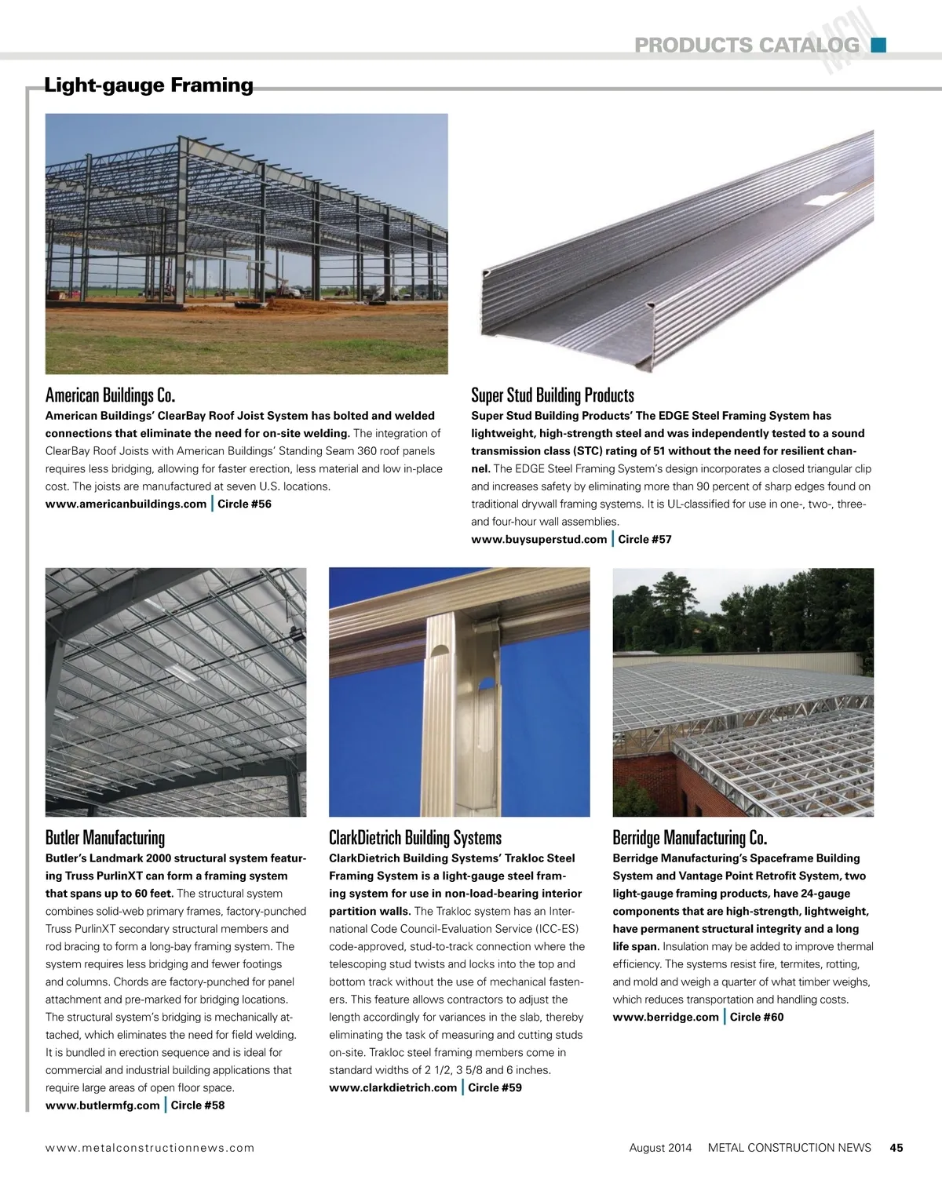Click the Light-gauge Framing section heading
click(148, 85)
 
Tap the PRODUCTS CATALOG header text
click(747, 46)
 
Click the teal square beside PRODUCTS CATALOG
click(878, 45)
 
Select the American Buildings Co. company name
click(110, 395)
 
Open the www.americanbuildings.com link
click(126, 504)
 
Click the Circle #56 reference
click(244, 504)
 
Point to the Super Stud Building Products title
click(552, 395)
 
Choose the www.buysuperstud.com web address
click(539, 539)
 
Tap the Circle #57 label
click(644, 539)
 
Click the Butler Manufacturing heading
click(105, 837)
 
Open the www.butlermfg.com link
click(102, 1105)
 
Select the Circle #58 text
click(198, 1105)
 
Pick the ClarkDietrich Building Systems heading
click(414, 837)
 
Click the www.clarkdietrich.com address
click(392, 1087)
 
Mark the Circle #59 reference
click(495, 1087)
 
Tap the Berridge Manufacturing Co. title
click(689, 837)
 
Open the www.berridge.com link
click(666, 1017)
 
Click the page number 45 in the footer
click(896, 1147)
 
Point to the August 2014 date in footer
click(660, 1147)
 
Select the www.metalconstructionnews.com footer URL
click(150, 1147)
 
